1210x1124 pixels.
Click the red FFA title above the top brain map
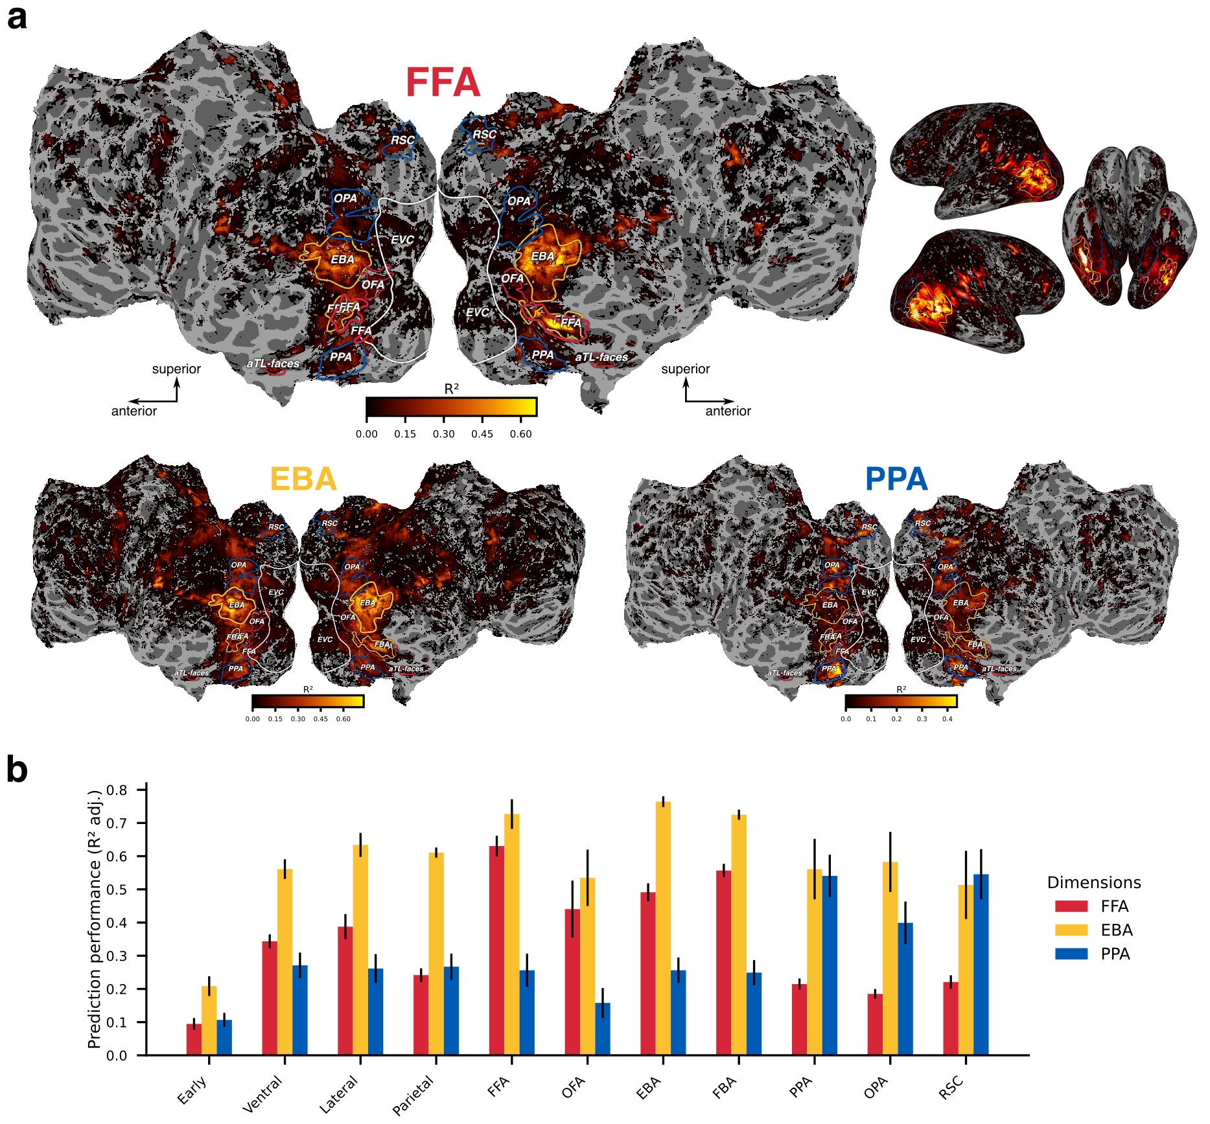click(443, 82)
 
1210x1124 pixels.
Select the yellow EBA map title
click(303, 479)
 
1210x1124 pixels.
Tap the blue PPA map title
click(896, 479)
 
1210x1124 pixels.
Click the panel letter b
click(17, 770)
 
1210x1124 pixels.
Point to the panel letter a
click(17, 17)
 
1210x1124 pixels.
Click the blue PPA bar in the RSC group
click(981, 965)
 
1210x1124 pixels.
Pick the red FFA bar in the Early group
click(194, 1040)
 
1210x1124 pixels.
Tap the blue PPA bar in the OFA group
click(603, 1029)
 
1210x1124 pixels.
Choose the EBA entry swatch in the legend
click(1071, 930)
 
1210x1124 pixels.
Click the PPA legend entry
click(1115, 954)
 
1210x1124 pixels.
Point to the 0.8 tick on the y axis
click(117, 790)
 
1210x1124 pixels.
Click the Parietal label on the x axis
click(413, 1095)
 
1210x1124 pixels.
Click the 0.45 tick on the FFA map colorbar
click(482, 434)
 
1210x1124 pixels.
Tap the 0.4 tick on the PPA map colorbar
click(947, 719)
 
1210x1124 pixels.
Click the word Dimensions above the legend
click(1093, 882)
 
